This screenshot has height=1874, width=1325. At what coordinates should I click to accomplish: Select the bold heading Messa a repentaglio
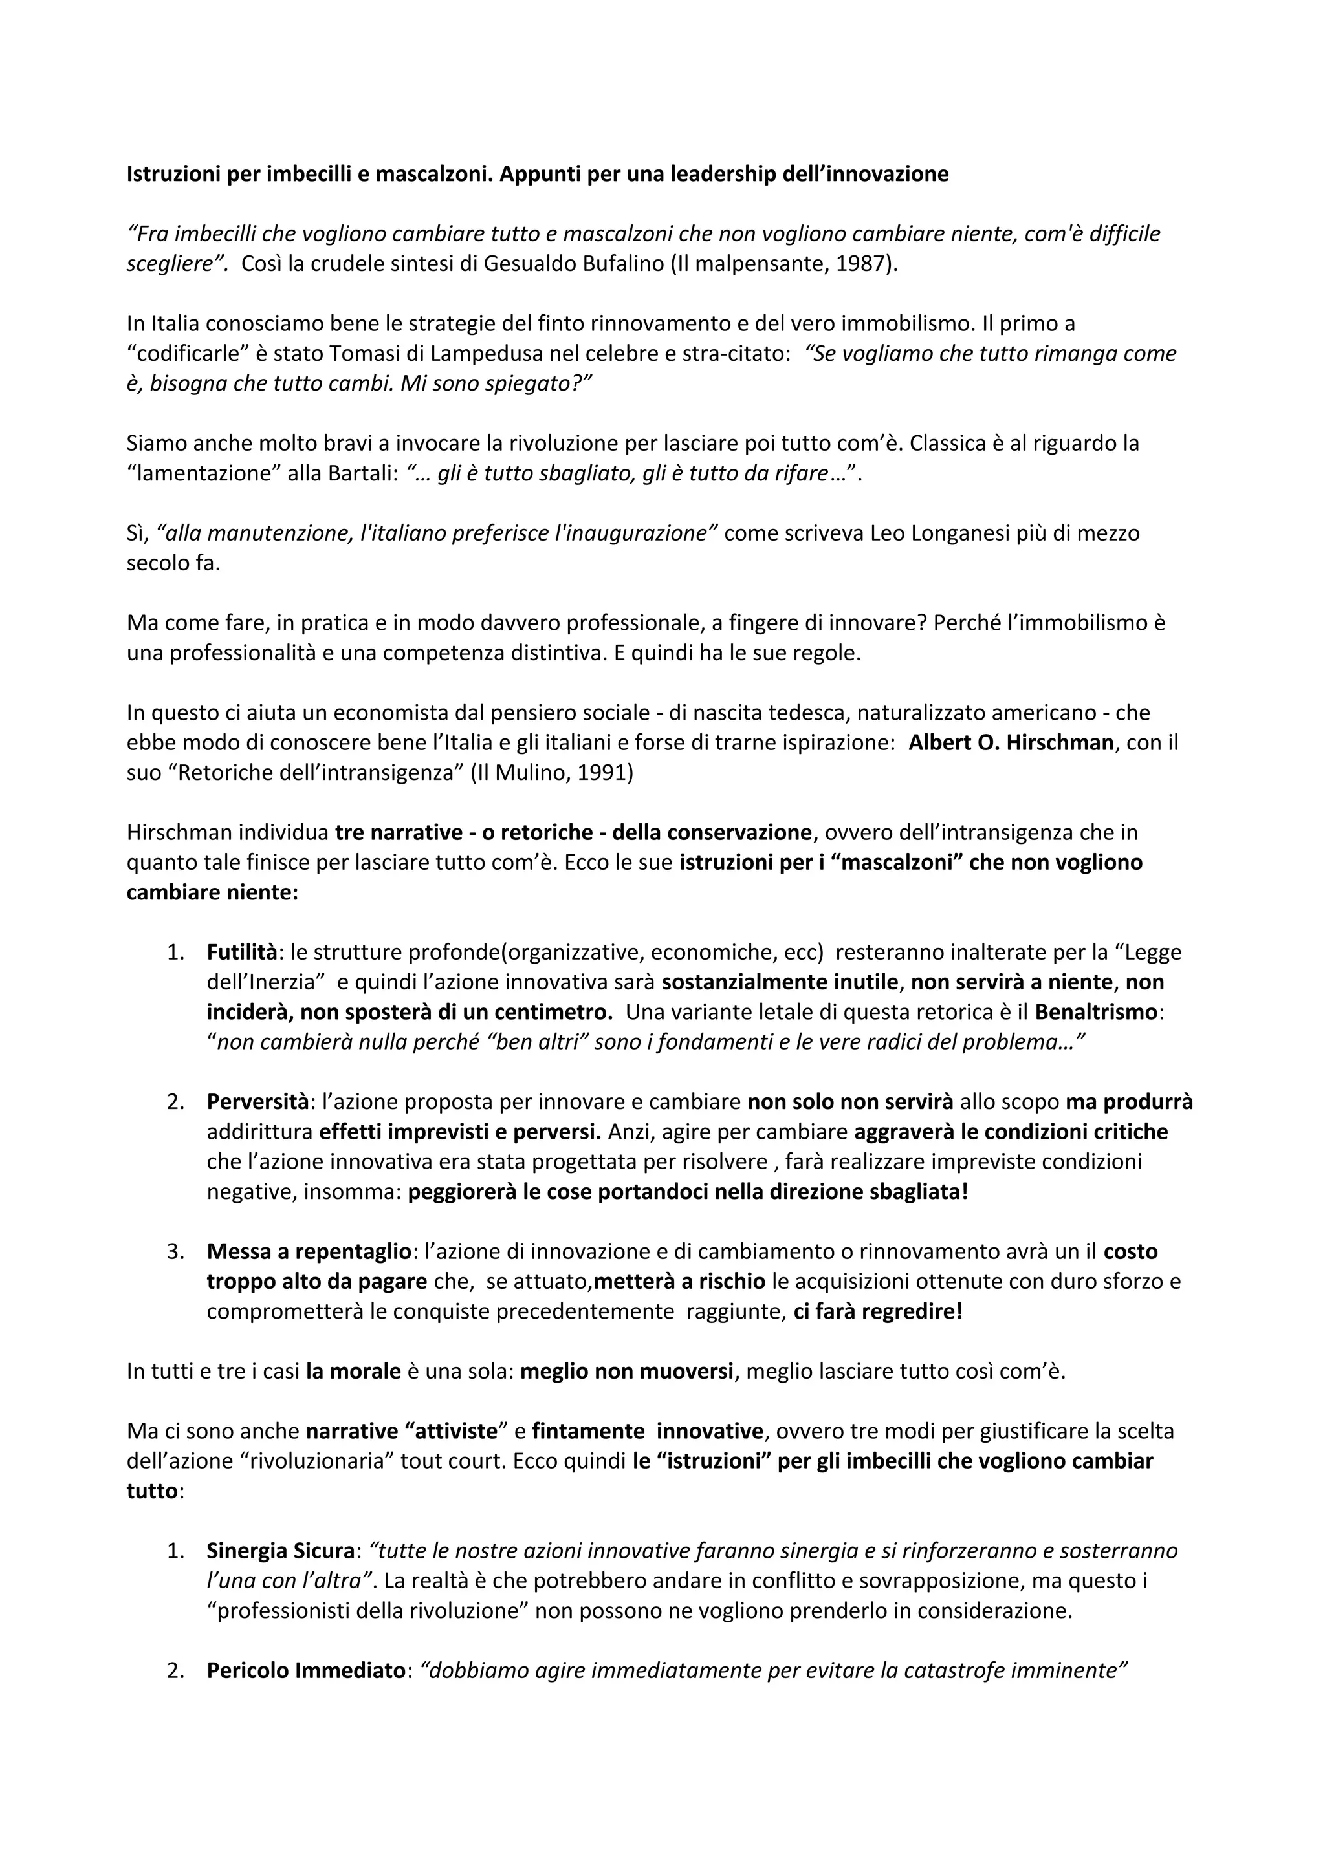click(x=309, y=1251)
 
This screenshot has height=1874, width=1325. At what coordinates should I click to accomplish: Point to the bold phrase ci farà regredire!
click(x=878, y=1311)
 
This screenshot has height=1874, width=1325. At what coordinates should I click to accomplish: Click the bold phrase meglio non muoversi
click(x=626, y=1371)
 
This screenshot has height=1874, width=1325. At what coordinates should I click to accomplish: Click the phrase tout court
click(x=452, y=1461)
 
